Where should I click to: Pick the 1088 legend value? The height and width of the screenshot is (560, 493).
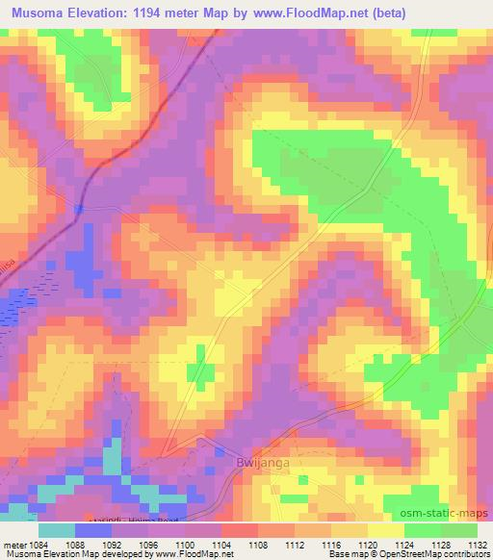[94, 544]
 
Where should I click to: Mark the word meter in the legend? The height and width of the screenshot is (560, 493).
[21, 544]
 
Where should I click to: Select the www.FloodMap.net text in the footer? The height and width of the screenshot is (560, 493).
[196, 554]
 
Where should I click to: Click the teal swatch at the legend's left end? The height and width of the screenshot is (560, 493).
[57, 530]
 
